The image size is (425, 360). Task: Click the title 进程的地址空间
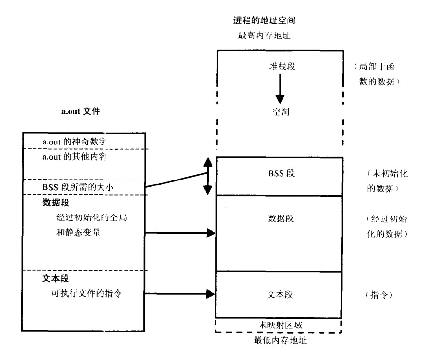267,22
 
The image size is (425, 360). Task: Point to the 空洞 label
280,112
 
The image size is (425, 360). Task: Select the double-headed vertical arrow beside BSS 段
208,175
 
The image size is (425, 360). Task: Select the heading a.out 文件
79,112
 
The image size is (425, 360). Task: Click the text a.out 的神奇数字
74,142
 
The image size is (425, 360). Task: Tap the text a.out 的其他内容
74,157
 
